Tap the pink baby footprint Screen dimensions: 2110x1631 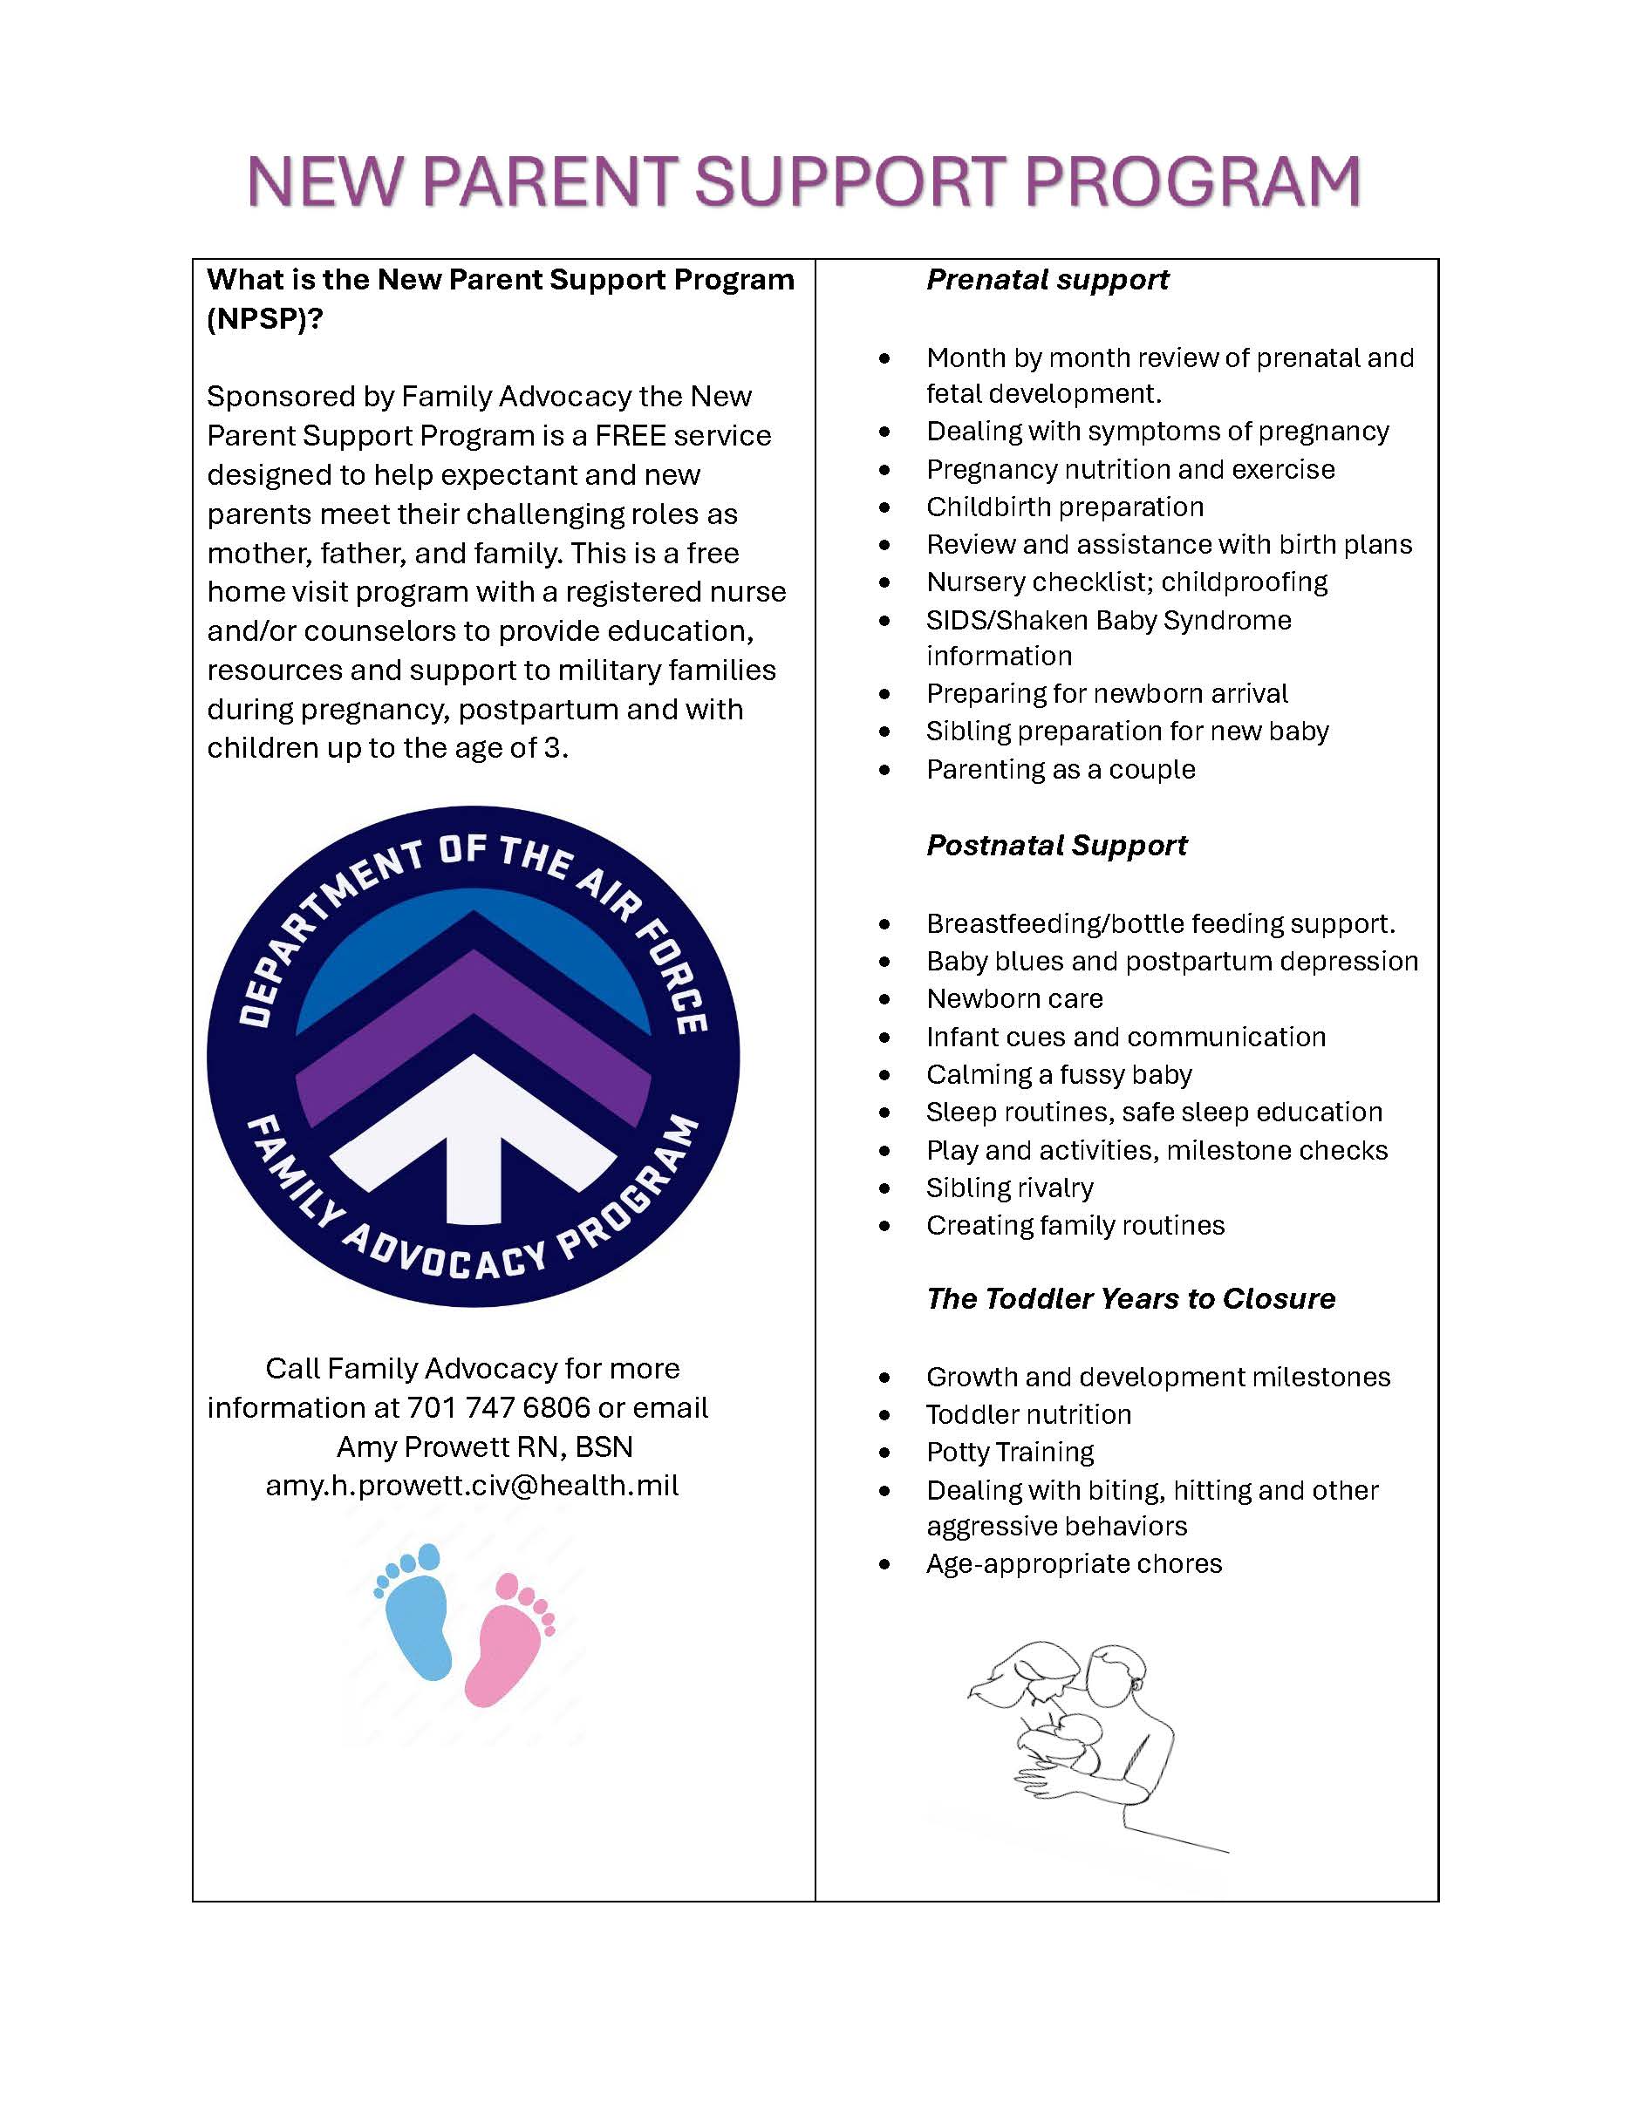click(x=505, y=1640)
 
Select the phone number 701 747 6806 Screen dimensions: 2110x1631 click(x=498, y=1407)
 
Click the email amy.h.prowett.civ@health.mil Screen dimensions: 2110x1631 click(x=472, y=1485)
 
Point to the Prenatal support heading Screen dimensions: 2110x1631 click(x=1048, y=280)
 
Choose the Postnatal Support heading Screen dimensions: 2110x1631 click(x=1056, y=846)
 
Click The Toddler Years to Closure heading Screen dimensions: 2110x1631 click(x=1130, y=1298)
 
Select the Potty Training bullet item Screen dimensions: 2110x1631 click(x=1010, y=1452)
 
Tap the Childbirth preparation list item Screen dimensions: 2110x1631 click(x=1065, y=507)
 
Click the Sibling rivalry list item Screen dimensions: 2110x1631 click(x=1010, y=1188)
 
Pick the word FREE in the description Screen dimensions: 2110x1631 click(x=630, y=436)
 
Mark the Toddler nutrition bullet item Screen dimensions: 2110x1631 click(x=1028, y=1414)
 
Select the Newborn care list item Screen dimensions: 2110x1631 click(x=1014, y=999)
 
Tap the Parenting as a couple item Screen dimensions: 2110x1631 click(x=1060, y=770)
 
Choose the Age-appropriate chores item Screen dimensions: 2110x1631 click(x=1074, y=1564)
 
